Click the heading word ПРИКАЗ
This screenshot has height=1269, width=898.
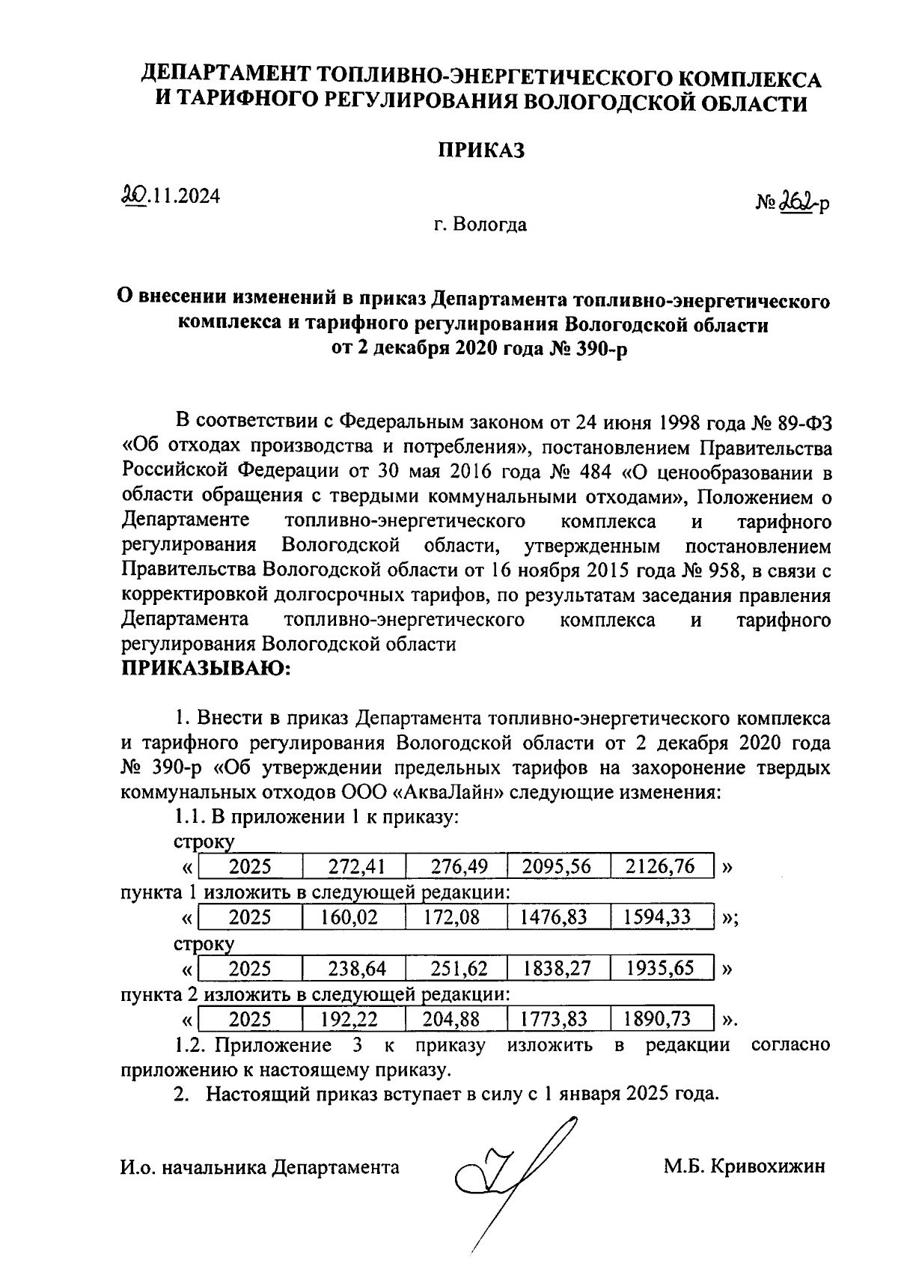pyautogui.click(x=481, y=150)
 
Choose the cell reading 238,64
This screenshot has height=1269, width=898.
pyautogui.click(x=356, y=968)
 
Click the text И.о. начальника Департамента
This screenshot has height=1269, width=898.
pyautogui.click(x=260, y=1166)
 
